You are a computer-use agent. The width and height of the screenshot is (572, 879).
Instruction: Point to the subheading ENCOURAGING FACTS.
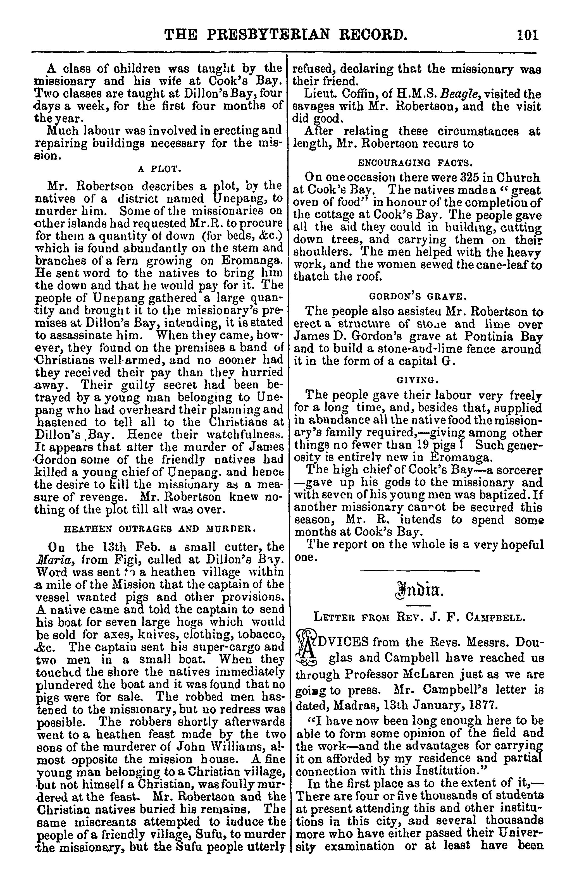tap(415, 162)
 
